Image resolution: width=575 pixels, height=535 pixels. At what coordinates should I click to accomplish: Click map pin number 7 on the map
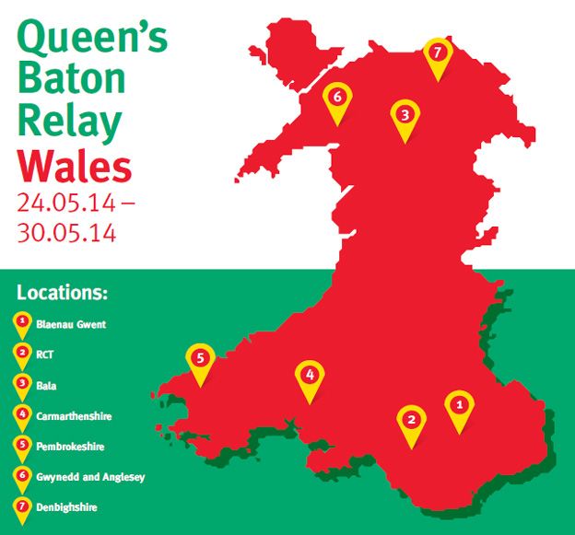(x=438, y=52)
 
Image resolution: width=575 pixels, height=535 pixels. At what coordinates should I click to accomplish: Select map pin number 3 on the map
(x=405, y=116)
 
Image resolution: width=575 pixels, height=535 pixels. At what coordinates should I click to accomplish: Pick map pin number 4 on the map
(x=311, y=376)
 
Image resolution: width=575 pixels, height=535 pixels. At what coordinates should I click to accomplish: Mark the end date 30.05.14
(x=65, y=232)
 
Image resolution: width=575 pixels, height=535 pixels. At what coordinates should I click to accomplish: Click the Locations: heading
(x=63, y=295)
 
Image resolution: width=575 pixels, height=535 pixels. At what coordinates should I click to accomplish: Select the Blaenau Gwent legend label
(x=71, y=325)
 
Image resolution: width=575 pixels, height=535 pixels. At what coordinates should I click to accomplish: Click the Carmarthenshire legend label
(x=75, y=416)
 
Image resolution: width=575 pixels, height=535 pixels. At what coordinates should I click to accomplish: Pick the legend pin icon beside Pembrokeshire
(x=20, y=447)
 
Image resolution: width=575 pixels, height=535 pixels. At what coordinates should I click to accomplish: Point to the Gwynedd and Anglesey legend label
(x=91, y=477)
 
